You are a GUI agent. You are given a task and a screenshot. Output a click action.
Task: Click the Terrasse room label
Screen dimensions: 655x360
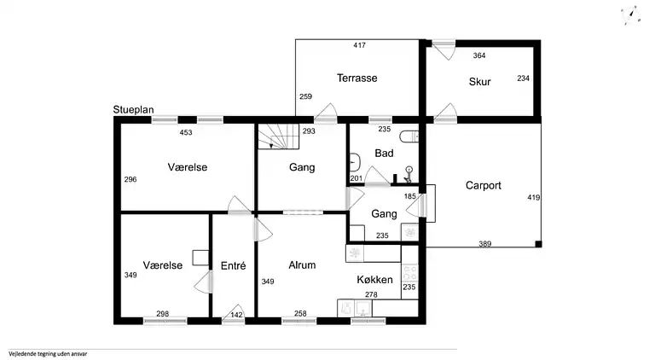[357, 78]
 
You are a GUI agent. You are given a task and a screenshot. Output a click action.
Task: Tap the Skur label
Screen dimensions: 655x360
[479, 82]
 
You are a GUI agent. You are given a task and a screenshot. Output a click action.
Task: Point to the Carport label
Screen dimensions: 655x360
[484, 185]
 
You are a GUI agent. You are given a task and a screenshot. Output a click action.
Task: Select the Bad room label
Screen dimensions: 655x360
[384, 154]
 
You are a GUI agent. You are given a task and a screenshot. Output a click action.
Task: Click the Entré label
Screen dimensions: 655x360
[233, 265]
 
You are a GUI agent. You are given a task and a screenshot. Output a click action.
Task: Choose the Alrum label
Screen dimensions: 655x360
[302, 264]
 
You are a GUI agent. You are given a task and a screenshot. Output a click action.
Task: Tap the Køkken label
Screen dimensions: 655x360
[374, 280]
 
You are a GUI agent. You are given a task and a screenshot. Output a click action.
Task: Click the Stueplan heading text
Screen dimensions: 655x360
[133, 110]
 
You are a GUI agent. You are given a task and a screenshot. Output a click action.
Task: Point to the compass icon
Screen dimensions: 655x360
[631, 15]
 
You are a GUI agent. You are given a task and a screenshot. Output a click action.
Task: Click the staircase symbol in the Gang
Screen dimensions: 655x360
[278, 136]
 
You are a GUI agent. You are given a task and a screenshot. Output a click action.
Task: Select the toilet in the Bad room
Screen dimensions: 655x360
[409, 136]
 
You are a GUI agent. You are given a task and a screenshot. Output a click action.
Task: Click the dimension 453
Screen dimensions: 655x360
[186, 132]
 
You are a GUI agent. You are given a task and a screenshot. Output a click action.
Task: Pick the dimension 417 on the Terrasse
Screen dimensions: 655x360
[359, 45]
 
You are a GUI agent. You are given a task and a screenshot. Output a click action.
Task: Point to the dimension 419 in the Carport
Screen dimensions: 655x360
[533, 197]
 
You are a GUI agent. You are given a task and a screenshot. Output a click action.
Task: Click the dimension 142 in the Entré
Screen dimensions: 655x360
[236, 315]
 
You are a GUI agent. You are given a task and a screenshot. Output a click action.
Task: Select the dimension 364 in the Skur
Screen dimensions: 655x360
[479, 55]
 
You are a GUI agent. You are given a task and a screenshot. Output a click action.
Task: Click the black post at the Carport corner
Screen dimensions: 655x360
[538, 244]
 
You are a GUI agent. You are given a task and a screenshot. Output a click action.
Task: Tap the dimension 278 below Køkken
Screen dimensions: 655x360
[371, 294]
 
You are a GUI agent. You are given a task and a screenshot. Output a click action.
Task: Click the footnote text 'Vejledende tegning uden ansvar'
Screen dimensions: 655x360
[48, 354]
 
